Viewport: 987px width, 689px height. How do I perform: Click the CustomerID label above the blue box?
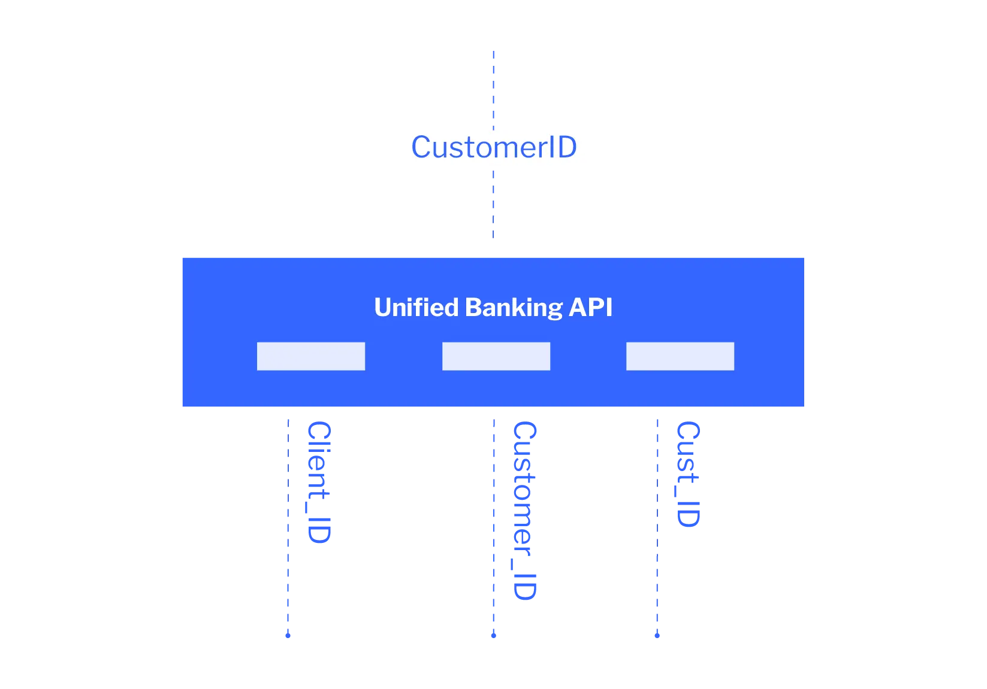click(x=494, y=147)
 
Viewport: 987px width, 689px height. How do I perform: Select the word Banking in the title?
click(x=514, y=307)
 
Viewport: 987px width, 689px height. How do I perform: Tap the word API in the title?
click(x=591, y=307)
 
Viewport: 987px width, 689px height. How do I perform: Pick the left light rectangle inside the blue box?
click(x=310, y=356)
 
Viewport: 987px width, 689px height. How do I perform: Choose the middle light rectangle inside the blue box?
click(x=496, y=356)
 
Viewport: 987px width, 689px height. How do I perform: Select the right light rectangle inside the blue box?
click(x=680, y=356)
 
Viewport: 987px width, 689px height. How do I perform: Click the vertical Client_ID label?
click(x=318, y=482)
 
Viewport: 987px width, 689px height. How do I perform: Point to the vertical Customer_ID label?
click(x=524, y=511)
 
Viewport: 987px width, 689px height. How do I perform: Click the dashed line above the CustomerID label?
click(x=494, y=88)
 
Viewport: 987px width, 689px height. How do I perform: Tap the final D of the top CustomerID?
click(x=566, y=147)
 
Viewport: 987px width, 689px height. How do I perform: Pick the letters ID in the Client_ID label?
click(x=318, y=530)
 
